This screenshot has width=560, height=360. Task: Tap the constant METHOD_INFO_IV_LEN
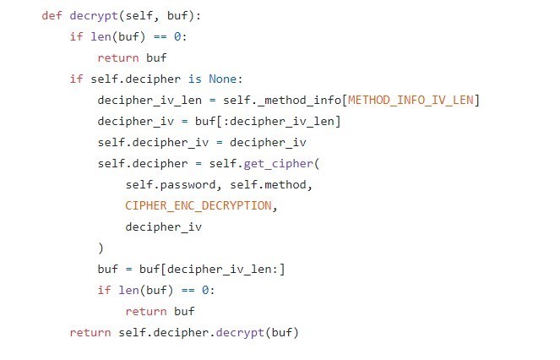click(413, 101)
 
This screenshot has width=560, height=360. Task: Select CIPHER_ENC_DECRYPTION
click(198, 206)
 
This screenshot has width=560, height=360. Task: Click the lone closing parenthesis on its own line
click(101, 248)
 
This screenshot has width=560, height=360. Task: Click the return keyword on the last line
click(90, 333)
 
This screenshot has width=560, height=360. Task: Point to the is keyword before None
click(194, 79)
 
